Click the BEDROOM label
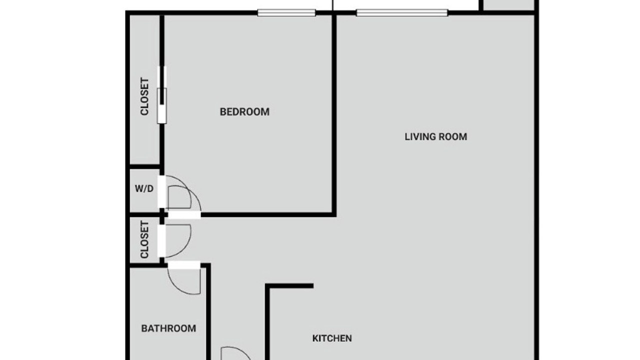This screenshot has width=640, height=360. tap(244, 111)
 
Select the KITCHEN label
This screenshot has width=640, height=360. tap(332, 338)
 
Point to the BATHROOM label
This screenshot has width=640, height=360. tap(168, 328)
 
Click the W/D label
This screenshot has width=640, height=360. tap(144, 188)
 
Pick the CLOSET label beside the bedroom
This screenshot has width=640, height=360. tap(144, 96)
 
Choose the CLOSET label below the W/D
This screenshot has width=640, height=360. tap(144, 239)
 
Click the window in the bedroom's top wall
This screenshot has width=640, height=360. tap(286, 13)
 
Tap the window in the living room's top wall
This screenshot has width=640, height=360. tap(402, 13)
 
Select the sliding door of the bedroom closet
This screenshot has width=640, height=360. tap(161, 95)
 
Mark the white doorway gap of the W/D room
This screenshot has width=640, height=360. tap(161, 192)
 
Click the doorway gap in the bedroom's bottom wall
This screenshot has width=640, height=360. tap(184, 214)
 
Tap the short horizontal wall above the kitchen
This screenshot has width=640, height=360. tap(289, 285)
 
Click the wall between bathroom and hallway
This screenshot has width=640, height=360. tap(208, 311)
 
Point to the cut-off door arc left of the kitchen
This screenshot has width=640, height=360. tap(235, 353)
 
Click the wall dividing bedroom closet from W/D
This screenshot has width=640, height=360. tap(145, 166)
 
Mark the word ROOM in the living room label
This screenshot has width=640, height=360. tap(453, 137)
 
